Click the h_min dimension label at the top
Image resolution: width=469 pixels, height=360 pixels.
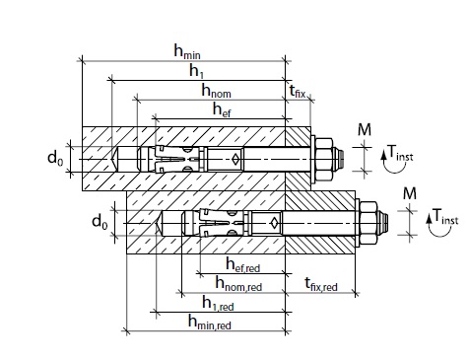coord(187,51)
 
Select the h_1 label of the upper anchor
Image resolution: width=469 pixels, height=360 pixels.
coord(196,71)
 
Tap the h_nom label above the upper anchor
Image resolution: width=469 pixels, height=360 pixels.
coord(216,90)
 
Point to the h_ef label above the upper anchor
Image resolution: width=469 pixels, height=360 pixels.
coord(222,109)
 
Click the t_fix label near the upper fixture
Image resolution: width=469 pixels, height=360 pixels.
coord(298,91)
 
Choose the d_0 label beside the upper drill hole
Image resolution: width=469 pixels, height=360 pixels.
coord(55,159)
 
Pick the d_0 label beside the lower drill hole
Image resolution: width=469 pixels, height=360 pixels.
coord(100,221)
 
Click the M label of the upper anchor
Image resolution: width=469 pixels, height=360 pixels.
coord(365,130)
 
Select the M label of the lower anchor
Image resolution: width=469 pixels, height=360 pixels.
coord(410,193)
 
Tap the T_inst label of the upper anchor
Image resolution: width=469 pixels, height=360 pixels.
coord(400,153)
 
